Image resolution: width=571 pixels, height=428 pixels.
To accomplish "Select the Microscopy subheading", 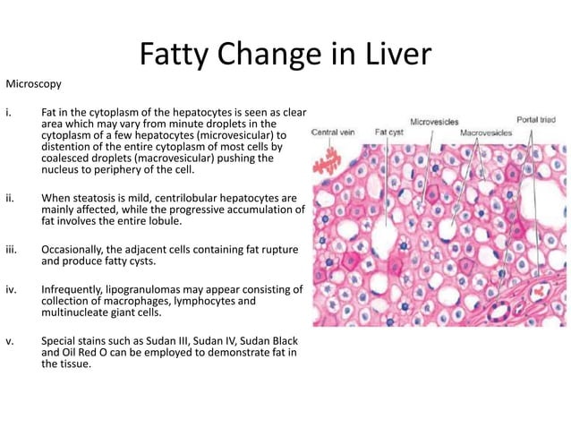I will click(34, 85).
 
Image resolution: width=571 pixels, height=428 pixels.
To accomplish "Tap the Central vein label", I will click(333, 132).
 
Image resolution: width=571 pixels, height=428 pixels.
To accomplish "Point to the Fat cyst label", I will click(388, 132).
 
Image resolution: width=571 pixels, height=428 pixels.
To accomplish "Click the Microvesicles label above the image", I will click(436, 121).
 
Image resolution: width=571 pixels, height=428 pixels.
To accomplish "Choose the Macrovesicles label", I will click(486, 132).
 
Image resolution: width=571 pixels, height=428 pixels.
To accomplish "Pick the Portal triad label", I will click(535, 119).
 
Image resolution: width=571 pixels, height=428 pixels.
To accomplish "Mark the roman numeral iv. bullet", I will click(12, 289).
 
